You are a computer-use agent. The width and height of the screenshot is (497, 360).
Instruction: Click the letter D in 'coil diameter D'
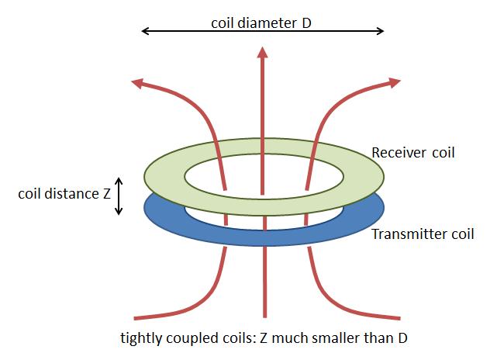(306, 23)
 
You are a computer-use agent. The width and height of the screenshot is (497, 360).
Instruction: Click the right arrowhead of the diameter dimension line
(380, 31)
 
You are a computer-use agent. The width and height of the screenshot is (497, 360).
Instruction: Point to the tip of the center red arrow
(262, 47)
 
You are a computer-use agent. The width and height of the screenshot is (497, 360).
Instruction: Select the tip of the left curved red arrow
(132, 81)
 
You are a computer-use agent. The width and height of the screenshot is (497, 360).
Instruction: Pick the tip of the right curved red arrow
(400, 81)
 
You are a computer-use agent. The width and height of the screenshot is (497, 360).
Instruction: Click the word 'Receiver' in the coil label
(399, 153)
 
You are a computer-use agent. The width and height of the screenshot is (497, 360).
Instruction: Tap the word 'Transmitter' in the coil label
(406, 234)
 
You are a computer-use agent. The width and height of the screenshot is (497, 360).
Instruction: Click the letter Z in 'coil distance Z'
(107, 194)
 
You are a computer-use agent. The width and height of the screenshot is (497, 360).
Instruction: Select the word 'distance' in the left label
(71, 194)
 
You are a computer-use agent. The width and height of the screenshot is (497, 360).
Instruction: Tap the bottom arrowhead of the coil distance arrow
(119, 214)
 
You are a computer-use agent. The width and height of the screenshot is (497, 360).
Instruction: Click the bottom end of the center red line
(265, 317)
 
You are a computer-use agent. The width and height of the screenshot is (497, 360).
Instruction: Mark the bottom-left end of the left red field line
(134, 318)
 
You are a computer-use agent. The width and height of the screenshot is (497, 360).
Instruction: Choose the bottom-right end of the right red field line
(400, 318)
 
